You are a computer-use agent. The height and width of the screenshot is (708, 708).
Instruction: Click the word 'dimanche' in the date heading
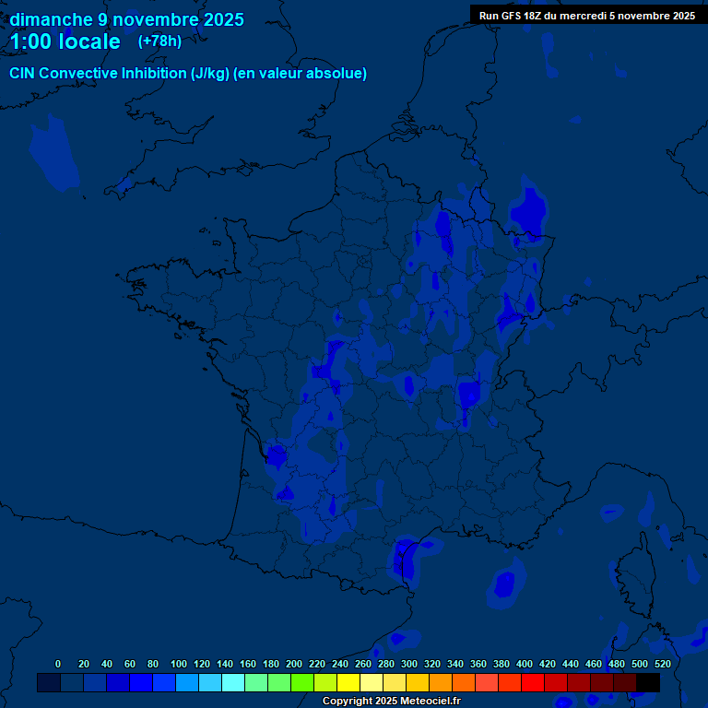tap(52, 19)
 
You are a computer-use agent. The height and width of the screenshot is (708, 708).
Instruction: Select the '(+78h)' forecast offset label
tap(159, 41)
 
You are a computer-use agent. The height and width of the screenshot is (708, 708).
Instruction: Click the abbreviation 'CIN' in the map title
tap(22, 74)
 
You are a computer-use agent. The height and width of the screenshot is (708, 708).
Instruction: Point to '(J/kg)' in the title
tap(209, 74)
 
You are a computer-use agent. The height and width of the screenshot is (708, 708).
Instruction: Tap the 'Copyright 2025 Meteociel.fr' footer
tap(391, 701)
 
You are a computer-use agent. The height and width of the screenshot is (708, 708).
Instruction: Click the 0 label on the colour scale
tap(58, 664)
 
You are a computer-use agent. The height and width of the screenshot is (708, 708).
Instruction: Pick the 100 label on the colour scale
tap(179, 664)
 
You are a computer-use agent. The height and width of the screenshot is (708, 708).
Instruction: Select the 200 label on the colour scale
tap(294, 664)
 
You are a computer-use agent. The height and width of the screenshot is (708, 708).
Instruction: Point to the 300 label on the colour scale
tap(409, 664)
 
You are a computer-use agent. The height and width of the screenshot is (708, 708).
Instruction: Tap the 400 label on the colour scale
tap(525, 664)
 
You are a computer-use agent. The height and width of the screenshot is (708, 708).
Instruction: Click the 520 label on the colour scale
tap(662, 664)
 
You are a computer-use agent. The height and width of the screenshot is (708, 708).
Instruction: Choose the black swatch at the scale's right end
tap(648, 682)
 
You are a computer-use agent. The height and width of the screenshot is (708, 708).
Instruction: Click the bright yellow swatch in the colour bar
tap(348, 682)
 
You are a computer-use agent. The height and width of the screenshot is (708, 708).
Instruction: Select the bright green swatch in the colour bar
tap(302, 682)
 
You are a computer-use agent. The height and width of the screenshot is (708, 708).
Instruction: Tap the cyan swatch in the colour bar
tap(233, 682)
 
